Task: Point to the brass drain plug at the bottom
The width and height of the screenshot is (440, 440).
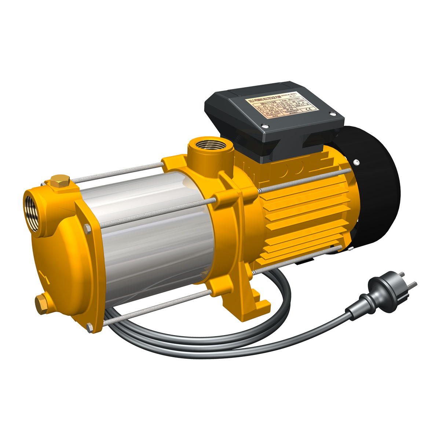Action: point(41,303)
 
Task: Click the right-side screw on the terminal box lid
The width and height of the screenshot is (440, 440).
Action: point(333,114)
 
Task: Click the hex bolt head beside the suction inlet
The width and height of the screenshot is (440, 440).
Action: point(87,229)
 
